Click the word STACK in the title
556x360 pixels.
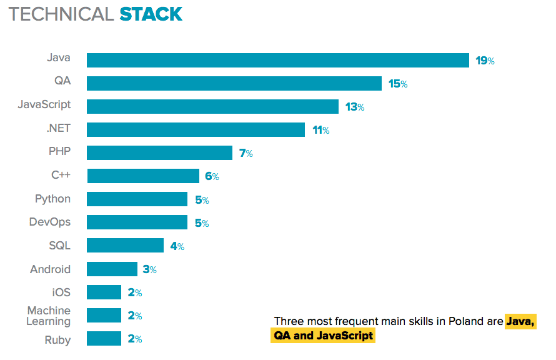pyautogui.click(x=151, y=14)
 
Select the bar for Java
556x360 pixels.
pyautogui.click(x=277, y=60)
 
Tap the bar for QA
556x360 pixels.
pyautogui.click(x=234, y=83)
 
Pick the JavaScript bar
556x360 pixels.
pyautogui.click(x=212, y=106)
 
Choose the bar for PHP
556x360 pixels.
pyautogui.click(x=159, y=152)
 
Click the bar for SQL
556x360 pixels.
pyautogui.click(x=125, y=245)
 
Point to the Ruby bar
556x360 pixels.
pyautogui.click(x=104, y=339)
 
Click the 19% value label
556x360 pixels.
pyautogui.click(x=485, y=61)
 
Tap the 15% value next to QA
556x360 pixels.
pyautogui.click(x=398, y=84)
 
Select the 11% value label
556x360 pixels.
pyautogui.click(x=320, y=130)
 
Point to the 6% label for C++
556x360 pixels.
pyautogui.click(x=212, y=176)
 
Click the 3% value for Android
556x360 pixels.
pyautogui.click(x=149, y=269)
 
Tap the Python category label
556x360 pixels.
pyautogui.click(x=52, y=199)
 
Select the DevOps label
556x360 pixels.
pyautogui.click(x=50, y=222)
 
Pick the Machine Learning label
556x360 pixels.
pyautogui.click(x=49, y=316)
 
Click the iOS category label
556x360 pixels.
pyautogui.click(x=61, y=292)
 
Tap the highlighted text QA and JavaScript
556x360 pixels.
pyautogui.click(x=323, y=336)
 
